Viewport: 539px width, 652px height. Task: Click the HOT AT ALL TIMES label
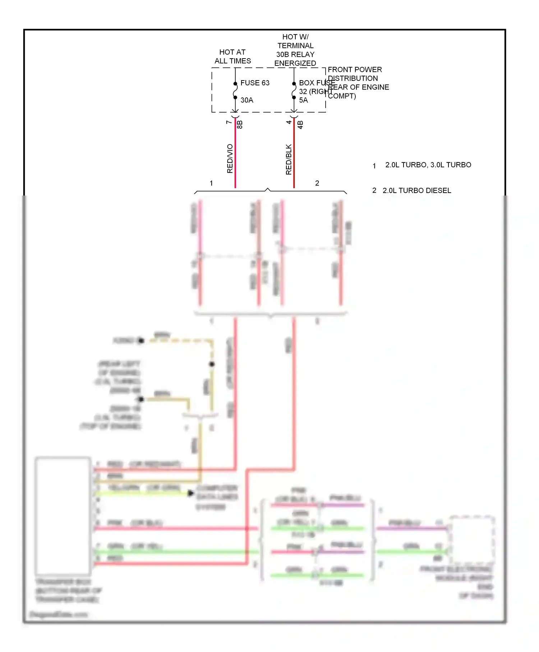(232, 56)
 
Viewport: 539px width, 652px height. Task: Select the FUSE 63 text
(255, 83)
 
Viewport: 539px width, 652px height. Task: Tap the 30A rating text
(247, 100)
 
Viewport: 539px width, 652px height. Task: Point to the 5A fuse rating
(303, 100)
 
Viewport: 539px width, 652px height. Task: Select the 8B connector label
(240, 124)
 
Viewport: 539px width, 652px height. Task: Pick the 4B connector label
(300, 124)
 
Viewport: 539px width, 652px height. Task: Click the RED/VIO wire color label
(230, 159)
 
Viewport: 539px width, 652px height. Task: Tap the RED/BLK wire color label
(289, 160)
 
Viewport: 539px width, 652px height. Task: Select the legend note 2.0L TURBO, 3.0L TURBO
(428, 165)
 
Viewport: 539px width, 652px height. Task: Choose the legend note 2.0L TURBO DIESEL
(416, 190)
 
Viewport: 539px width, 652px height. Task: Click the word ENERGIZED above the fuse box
(295, 63)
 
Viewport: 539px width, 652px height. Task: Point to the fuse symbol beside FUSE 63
(235, 91)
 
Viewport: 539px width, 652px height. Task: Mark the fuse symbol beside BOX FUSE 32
(294, 91)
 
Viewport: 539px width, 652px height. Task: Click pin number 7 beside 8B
(229, 122)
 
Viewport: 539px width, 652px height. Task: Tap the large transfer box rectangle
(63, 516)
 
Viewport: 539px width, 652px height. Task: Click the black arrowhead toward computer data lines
(191, 493)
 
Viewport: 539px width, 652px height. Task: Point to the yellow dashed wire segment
(180, 340)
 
